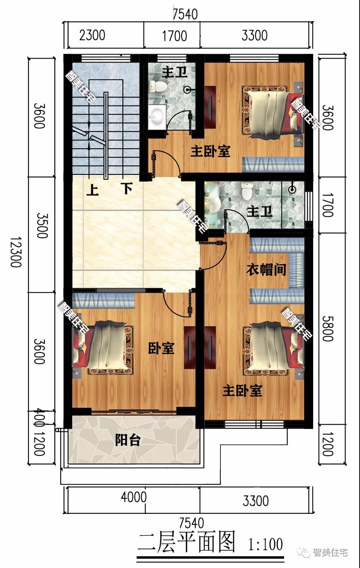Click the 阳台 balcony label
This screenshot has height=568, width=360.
click(128, 440)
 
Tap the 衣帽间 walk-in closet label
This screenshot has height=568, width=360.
click(266, 270)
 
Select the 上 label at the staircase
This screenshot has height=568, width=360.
click(92, 189)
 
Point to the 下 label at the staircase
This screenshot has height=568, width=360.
click(127, 188)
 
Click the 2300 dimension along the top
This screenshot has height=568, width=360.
click(92, 36)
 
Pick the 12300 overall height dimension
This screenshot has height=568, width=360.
click(16, 252)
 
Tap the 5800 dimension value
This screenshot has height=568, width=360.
click(327, 328)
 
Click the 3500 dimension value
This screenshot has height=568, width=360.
click(42, 225)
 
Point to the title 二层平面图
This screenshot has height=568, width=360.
click(186, 543)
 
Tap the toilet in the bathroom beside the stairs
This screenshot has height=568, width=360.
click(158, 87)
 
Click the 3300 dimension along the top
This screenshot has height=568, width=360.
click(254, 36)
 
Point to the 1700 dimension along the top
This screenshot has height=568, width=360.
click(174, 36)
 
